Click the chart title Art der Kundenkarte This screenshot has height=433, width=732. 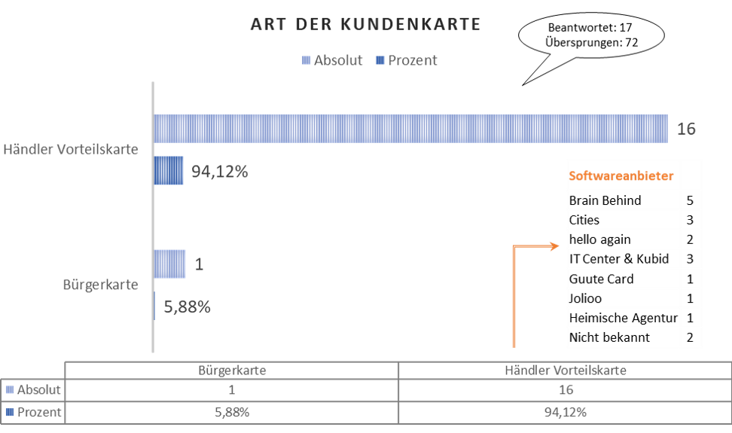[x=365, y=24]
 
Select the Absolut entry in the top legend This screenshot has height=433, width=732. [x=332, y=60]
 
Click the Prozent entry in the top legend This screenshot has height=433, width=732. [x=406, y=60]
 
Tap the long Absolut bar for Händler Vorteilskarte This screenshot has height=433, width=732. [x=411, y=128]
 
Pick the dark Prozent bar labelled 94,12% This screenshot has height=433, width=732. [x=169, y=170]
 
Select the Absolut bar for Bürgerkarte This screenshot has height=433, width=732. [x=169, y=264]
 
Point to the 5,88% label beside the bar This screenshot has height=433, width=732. [x=188, y=306]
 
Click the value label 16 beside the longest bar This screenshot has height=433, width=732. [x=686, y=129]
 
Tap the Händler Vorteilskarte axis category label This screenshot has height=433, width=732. [x=71, y=149]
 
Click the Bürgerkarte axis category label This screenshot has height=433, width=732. [x=100, y=285]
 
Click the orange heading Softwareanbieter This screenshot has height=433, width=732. [x=621, y=176]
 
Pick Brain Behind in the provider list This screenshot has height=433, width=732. [x=605, y=200]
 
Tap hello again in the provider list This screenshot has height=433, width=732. [x=600, y=239]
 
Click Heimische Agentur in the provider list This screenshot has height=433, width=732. [x=624, y=318]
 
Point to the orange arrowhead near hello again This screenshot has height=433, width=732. [x=555, y=246]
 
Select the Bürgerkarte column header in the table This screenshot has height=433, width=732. [x=232, y=370]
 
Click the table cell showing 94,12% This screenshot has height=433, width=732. [x=566, y=413]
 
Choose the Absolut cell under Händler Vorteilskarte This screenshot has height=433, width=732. [x=566, y=389]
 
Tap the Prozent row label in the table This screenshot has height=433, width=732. [x=33, y=413]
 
